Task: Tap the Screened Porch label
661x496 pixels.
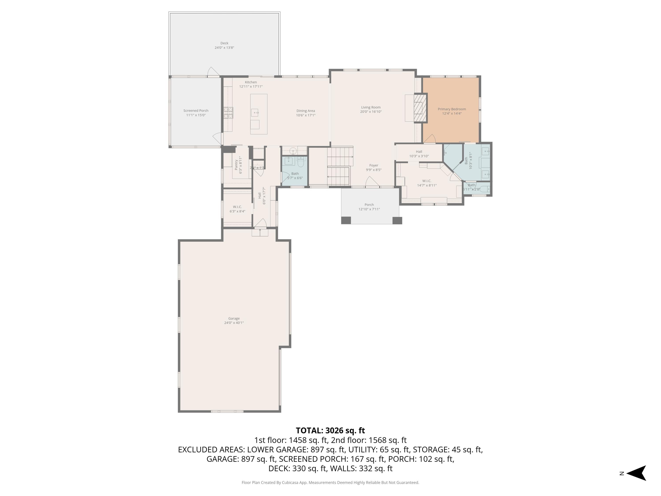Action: pyautogui.click(x=196, y=111)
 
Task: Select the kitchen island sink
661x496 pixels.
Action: pyautogui.click(x=255, y=113)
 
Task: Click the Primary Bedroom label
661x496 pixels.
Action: pyautogui.click(x=451, y=109)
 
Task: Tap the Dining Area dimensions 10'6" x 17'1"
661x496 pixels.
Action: pyautogui.click(x=305, y=115)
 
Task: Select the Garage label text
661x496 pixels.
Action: pyautogui.click(x=234, y=318)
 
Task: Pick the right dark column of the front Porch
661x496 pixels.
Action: pyautogui.click(x=397, y=220)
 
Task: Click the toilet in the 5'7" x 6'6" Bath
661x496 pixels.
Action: pyautogui.click(x=301, y=164)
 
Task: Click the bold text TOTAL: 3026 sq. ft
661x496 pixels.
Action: pyautogui.click(x=330, y=431)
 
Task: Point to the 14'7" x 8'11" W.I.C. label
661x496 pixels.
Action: pyautogui.click(x=427, y=181)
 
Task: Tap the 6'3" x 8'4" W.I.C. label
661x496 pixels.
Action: pyautogui.click(x=237, y=207)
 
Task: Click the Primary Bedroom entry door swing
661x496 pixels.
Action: pyautogui.click(x=430, y=139)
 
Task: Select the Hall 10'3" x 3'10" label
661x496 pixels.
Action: pyautogui.click(x=419, y=152)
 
